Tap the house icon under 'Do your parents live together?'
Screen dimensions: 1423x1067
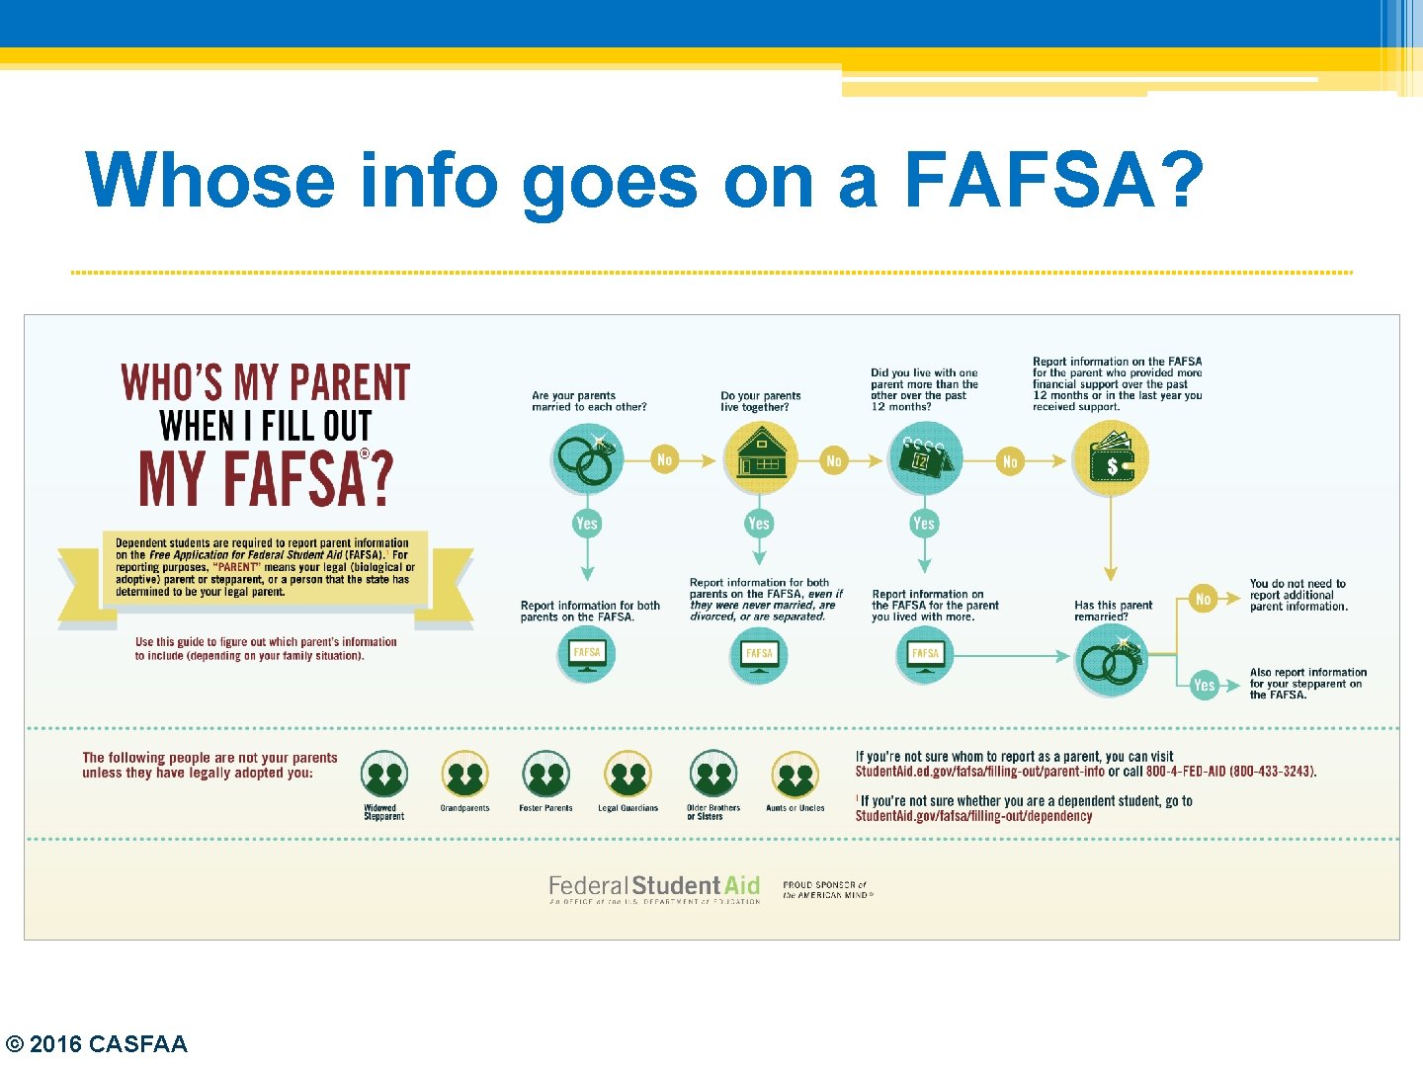[761, 458]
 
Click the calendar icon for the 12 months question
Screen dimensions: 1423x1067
[924, 457]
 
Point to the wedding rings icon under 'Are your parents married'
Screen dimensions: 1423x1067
[588, 458]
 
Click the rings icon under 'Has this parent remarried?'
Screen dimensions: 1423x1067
[1112, 660]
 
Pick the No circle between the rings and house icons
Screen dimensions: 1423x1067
[665, 459]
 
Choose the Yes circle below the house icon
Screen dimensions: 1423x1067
[759, 524]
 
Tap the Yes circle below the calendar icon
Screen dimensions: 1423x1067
[924, 524]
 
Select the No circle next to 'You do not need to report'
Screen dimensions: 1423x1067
[1203, 599]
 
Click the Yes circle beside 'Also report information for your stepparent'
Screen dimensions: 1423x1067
[1204, 685]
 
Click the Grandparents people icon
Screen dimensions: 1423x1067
[464, 776]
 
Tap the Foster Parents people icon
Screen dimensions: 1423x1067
[545, 776]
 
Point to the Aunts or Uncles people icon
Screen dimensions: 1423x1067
[795, 776]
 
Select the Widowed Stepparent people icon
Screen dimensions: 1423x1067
[384, 776]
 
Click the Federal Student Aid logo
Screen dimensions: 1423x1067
[654, 887]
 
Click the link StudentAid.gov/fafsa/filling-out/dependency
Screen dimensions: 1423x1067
[973, 816]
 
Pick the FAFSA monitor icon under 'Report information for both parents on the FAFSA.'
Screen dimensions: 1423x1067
[587, 655]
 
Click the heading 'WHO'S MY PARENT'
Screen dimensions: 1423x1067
[265, 383]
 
